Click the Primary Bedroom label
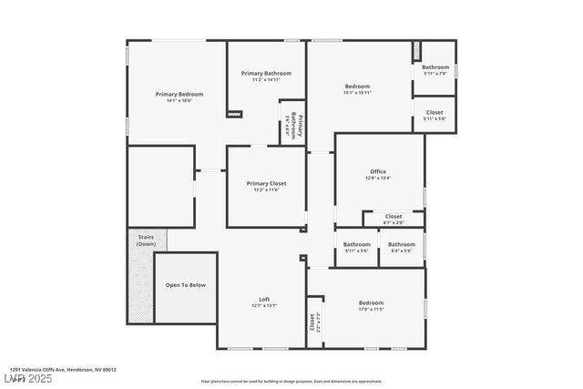(179, 94)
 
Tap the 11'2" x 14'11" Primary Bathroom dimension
(266, 80)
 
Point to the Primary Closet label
(266, 183)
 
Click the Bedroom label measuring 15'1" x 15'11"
(357, 87)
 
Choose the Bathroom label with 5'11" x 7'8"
(435, 67)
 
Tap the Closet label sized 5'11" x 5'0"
(435, 112)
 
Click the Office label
(378, 171)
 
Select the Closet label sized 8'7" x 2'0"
(394, 216)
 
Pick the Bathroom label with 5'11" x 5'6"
(357, 244)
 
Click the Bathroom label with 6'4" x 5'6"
(402, 244)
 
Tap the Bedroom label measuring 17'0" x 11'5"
(371, 302)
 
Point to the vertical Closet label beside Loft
(312, 321)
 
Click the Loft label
(264, 299)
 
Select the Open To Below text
(185, 285)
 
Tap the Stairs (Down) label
(146, 241)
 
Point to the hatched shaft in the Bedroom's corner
(416, 51)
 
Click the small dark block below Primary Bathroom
(235, 114)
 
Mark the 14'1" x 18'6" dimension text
(179, 100)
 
